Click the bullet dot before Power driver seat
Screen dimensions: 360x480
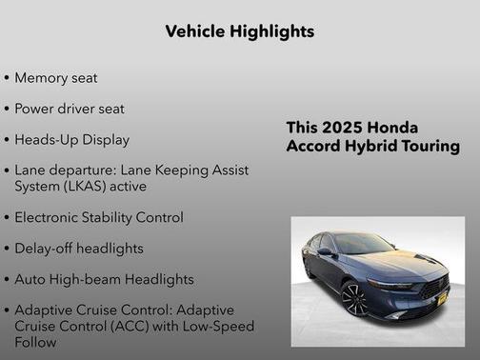click(8, 109)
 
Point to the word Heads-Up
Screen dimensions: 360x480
click(47, 140)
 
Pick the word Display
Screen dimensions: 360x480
click(106, 140)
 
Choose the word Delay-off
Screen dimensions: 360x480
click(45, 249)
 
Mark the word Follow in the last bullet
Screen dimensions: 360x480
click(35, 342)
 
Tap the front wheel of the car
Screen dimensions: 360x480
click(354, 300)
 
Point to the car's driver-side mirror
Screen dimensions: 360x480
click(327, 252)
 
